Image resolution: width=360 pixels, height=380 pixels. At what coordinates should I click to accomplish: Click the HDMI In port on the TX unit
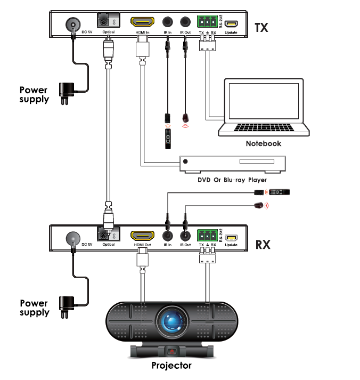(142, 22)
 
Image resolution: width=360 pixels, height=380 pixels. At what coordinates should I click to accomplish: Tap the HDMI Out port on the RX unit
(142, 236)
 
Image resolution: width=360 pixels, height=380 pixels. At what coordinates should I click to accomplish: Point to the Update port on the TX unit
(231, 23)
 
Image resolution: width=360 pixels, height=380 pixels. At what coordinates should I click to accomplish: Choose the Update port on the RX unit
(231, 237)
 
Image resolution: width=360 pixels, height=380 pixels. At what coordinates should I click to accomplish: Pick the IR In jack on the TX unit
(168, 22)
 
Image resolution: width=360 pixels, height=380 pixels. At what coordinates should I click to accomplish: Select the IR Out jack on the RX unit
(185, 236)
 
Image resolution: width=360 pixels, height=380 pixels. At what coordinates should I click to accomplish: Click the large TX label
(263, 27)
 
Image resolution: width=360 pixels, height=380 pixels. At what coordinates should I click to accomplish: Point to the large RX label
(263, 245)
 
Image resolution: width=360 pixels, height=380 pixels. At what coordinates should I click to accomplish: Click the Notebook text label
(263, 143)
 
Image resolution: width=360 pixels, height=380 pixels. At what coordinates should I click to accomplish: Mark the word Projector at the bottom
(171, 366)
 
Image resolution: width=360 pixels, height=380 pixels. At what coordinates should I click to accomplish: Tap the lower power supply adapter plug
(66, 305)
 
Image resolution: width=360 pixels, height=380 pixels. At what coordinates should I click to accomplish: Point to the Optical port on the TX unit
(108, 21)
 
